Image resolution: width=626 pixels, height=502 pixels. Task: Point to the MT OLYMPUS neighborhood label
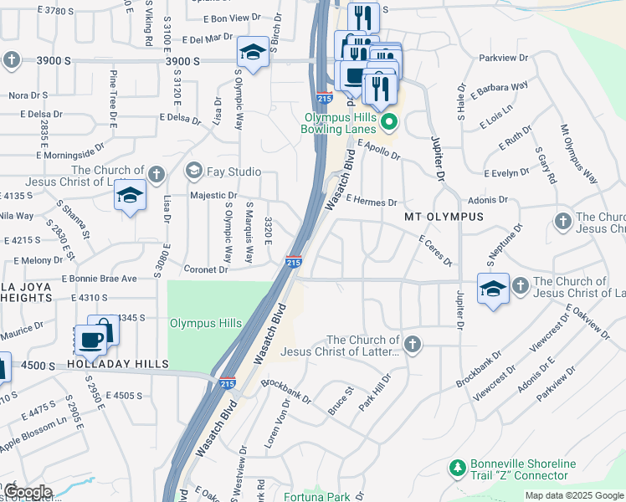pyautogui.click(x=444, y=217)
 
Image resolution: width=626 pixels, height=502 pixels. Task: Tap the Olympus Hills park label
pyautogui.click(x=206, y=323)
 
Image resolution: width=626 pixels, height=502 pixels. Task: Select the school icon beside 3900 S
pyautogui.click(x=253, y=52)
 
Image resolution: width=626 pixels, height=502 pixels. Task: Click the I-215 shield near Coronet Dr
pyautogui.click(x=294, y=262)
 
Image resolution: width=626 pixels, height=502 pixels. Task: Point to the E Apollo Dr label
pyautogui.click(x=378, y=150)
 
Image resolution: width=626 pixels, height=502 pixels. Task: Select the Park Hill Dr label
pyautogui.click(x=374, y=392)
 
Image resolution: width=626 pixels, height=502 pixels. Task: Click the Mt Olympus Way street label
pyautogui.click(x=578, y=156)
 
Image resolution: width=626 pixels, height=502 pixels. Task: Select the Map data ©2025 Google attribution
pyautogui.click(x=573, y=495)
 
